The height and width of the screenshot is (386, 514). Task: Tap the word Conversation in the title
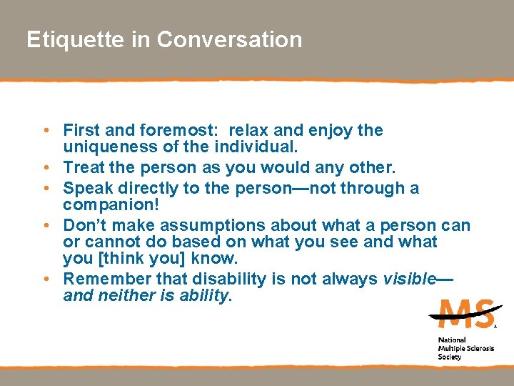pyautogui.click(x=229, y=39)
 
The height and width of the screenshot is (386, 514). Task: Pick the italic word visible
pyautogui.click(x=408, y=279)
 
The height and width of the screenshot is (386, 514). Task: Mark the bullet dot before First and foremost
pyautogui.click(x=45, y=132)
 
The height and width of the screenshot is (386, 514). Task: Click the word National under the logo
pyautogui.click(x=452, y=340)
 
